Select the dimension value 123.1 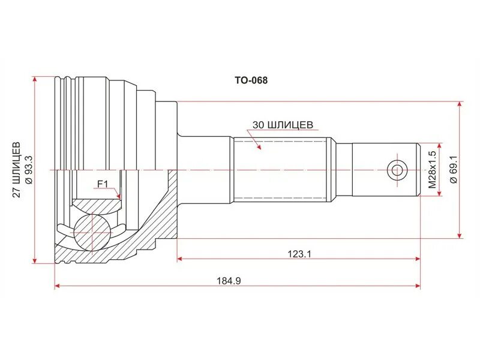(300, 254)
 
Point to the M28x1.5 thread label (431, 170)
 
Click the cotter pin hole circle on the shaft (397, 170)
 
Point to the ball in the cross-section (92, 230)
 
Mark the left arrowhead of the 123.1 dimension (181, 259)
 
